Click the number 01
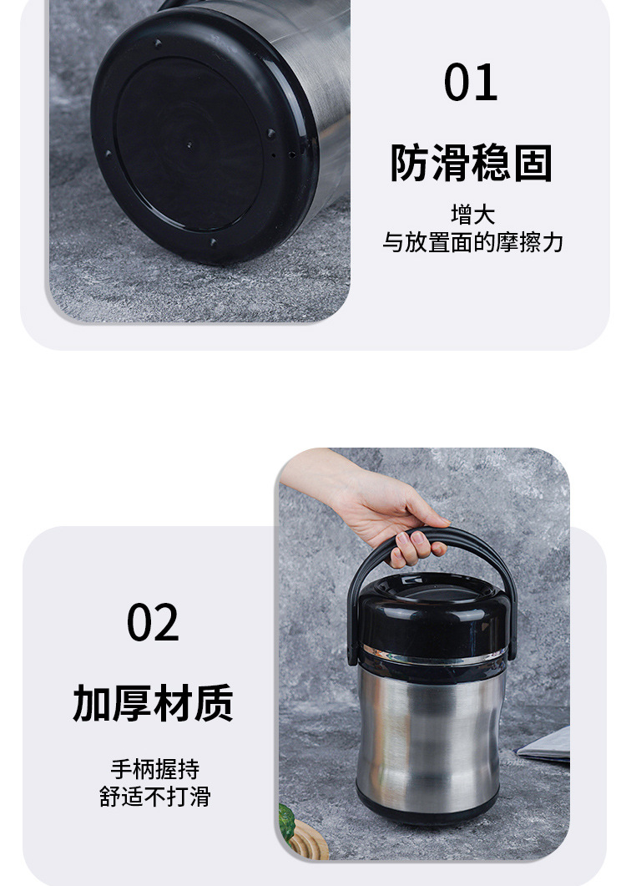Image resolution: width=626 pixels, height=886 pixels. point(471,83)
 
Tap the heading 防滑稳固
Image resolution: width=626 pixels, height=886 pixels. point(472,163)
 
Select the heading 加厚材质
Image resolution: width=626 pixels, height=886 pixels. point(153,703)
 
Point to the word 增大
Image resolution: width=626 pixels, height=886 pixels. point(473,215)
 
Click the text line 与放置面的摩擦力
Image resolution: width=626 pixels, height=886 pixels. point(473,242)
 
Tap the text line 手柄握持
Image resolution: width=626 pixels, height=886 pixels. point(154,769)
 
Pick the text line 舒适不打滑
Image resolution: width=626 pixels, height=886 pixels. point(154,797)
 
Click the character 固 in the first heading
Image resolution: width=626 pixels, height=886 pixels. point(533,163)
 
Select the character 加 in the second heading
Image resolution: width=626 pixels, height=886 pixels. point(92,703)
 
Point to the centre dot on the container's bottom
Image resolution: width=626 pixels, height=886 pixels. point(189,144)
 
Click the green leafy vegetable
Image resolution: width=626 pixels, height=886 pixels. point(286,823)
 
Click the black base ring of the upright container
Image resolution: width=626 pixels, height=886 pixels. point(427,810)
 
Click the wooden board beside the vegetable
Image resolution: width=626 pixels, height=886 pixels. point(309,842)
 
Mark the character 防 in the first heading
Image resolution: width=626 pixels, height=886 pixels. point(410,163)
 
